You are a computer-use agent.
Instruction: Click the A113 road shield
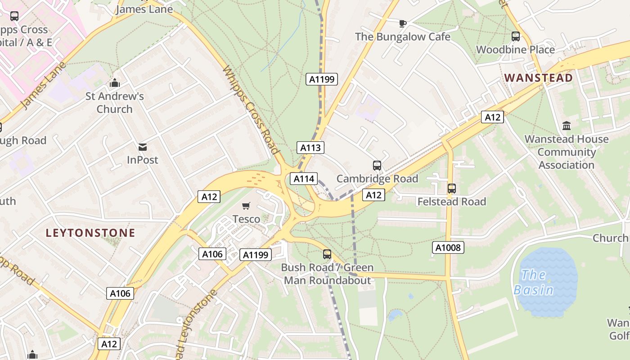tap(310, 148)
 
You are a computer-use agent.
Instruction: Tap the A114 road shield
tap(304, 179)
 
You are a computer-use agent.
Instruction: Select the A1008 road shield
tap(448, 247)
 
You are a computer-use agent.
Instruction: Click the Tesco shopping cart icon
tap(246, 206)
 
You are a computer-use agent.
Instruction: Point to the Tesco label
tap(246, 219)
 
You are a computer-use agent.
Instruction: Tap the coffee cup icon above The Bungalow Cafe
tap(403, 23)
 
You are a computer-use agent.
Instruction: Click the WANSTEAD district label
tap(539, 78)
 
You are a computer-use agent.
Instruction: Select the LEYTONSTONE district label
tap(90, 233)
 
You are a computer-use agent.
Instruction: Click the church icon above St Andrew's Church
tap(115, 83)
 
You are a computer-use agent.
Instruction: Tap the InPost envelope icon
tap(143, 147)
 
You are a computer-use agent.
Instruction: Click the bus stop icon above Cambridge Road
tap(377, 166)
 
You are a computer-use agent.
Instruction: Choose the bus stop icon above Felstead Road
tap(451, 189)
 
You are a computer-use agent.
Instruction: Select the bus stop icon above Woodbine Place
tap(516, 36)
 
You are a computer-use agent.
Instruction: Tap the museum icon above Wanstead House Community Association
tap(567, 126)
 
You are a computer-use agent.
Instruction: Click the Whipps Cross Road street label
tap(252, 110)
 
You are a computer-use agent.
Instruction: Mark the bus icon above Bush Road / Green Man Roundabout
tap(327, 254)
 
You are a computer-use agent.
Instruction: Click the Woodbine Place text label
tap(515, 49)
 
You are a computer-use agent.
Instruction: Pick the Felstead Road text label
tap(452, 202)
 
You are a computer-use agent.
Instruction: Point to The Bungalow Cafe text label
tap(403, 37)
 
